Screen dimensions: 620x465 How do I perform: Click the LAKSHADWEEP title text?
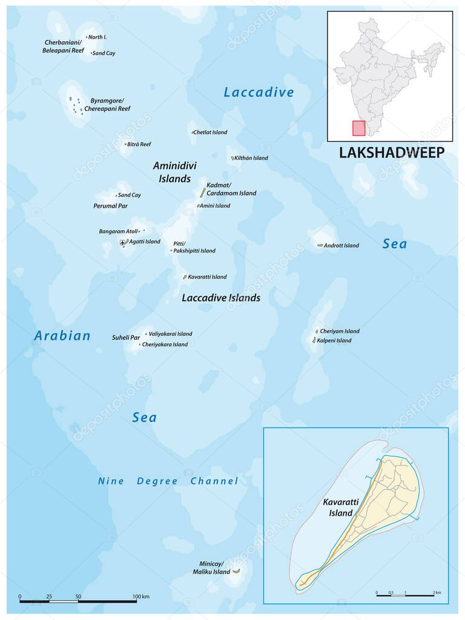coord(391,152)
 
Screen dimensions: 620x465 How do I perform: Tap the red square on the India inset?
coord(359,128)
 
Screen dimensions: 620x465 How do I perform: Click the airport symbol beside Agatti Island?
coord(124,242)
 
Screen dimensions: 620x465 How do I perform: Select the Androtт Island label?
coord(341,246)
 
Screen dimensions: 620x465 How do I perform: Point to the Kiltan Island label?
coord(252,158)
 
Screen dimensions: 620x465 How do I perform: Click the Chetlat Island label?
coord(211,133)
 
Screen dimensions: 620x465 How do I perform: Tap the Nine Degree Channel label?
coord(168,481)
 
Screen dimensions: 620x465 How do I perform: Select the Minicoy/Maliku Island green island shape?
coord(236,571)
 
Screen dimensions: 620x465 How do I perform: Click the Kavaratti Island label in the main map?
coord(207,277)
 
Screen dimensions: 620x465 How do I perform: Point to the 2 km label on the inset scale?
coord(437,592)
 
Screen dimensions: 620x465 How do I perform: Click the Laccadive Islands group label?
coord(221,298)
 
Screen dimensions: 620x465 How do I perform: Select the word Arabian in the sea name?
coord(62,335)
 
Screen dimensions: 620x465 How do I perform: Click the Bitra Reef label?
coord(139,145)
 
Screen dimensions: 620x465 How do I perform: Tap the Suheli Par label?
coord(126,337)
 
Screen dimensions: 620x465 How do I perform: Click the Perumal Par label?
coord(110,206)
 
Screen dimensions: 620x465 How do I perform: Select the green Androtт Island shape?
coord(320,245)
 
